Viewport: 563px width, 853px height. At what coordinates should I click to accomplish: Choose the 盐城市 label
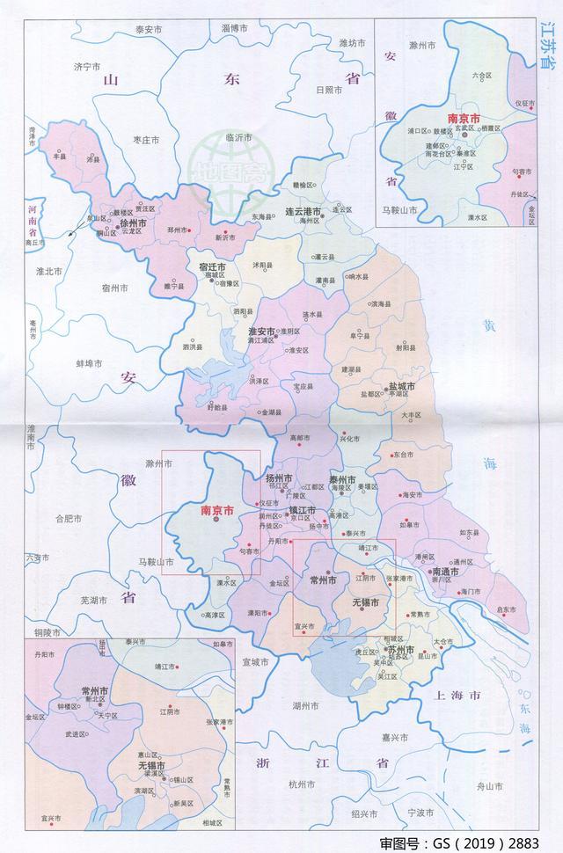(x=400, y=386)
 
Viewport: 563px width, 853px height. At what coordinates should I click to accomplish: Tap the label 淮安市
(x=262, y=331)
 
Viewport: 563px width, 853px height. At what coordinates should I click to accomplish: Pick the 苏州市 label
(x=400, y=648)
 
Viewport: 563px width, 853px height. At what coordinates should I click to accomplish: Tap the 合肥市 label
(x=69, y=519)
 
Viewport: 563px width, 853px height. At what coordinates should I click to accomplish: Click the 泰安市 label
(x=149, y=30)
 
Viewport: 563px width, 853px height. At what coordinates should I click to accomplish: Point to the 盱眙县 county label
(x=216, y=408)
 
